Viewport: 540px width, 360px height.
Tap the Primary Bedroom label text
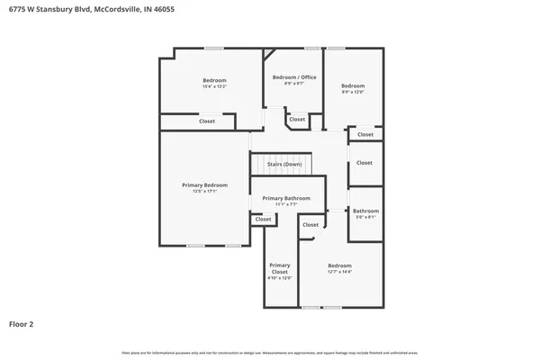(x=205, y=184)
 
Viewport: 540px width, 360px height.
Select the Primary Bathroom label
(x=286, y=198)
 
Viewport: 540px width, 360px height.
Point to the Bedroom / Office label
(x=294, y=77)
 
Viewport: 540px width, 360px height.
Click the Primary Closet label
(x=280, y=268)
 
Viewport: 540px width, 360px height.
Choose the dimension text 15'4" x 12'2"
(x=214, y=86)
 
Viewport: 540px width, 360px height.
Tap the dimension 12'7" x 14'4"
(x=339, y=273)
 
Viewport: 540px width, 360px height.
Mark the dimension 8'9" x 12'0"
(x=353, y=92)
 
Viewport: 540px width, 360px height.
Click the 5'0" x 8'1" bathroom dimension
(x=365, y=217)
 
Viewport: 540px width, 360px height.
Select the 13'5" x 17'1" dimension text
(x=205, y=191)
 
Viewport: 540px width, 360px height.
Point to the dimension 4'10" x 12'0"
(x=280, y=278)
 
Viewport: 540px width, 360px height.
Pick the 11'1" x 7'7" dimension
(x=286, y=204)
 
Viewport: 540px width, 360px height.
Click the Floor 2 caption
(x=22, y=323)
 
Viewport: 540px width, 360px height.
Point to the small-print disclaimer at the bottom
(x=269, y=351)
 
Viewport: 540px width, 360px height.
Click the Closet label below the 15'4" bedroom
(x=206, y=121)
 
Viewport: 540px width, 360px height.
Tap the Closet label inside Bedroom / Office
(x=297, y=119)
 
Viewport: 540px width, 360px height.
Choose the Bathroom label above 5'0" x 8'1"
(x=365, y=211)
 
